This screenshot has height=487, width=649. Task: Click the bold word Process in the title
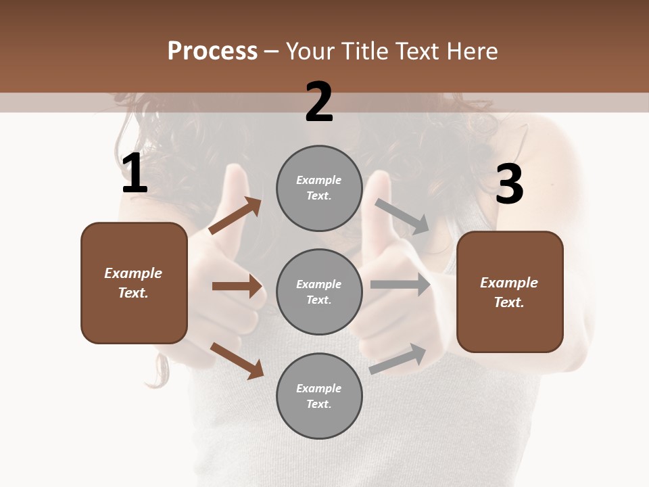coord(212,51)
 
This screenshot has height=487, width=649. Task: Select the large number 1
coord(135,174)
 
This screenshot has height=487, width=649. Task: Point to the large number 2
coord(319,102)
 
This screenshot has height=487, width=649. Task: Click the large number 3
coord(509,185)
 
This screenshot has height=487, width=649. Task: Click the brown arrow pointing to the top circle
coord(235,216)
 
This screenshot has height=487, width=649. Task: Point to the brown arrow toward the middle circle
coord(237,286)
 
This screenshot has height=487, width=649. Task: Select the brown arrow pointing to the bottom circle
coord(237,360)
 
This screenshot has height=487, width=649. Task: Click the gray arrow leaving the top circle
coord(402,216)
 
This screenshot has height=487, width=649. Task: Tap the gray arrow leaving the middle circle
coord(400,284)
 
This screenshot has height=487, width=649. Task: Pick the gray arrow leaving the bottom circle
coord(398,358)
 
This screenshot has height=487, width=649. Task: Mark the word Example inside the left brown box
coord(133,273)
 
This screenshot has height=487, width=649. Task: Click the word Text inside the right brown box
coord(509,302)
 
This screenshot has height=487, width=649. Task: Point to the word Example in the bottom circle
coord(318,388)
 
